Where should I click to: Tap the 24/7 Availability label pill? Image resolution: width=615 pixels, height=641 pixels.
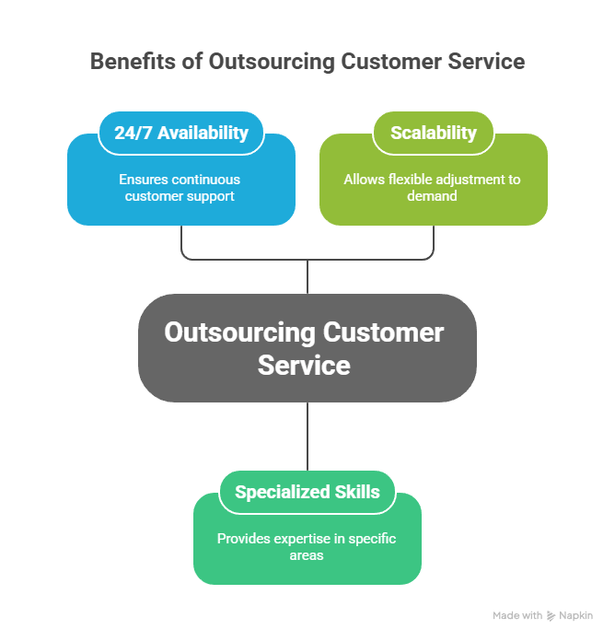pyautogui.click(x=181, y=133)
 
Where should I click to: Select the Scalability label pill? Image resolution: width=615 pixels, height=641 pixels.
pyautogui.click(x=433, y=133)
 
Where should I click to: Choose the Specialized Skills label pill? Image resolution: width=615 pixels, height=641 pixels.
pyautogui.click(x=307, y=492)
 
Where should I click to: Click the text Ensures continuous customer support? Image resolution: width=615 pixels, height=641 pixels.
pyautogui.click(x=181, y=187)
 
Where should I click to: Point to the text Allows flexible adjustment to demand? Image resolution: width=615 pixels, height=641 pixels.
pyautogui.click(x=433, y=187)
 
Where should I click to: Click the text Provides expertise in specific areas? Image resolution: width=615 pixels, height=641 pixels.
pyautogui.click(x=307, y=546)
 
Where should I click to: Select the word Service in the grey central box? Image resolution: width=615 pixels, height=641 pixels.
pyautogui.click(x=305, y=365)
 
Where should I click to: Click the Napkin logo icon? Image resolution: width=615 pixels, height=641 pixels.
pyautogui.click(x=551, y=615)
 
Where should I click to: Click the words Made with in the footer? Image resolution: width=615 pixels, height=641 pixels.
pyautogui.click(x=517, y=615)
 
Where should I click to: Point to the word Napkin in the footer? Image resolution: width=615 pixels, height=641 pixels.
pyautogui.click(x=576, y=615)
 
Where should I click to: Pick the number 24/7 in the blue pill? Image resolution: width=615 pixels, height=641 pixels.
pyautogui.click(x=133, y=133)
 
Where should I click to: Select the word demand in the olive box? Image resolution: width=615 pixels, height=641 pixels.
pyautogui.click(x=433, y=196)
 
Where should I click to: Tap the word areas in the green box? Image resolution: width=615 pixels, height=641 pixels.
pyautogui.click(x=307, y=555)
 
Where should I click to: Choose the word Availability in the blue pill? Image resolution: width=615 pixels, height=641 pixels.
pyautogui.click(x=203, y=133)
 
